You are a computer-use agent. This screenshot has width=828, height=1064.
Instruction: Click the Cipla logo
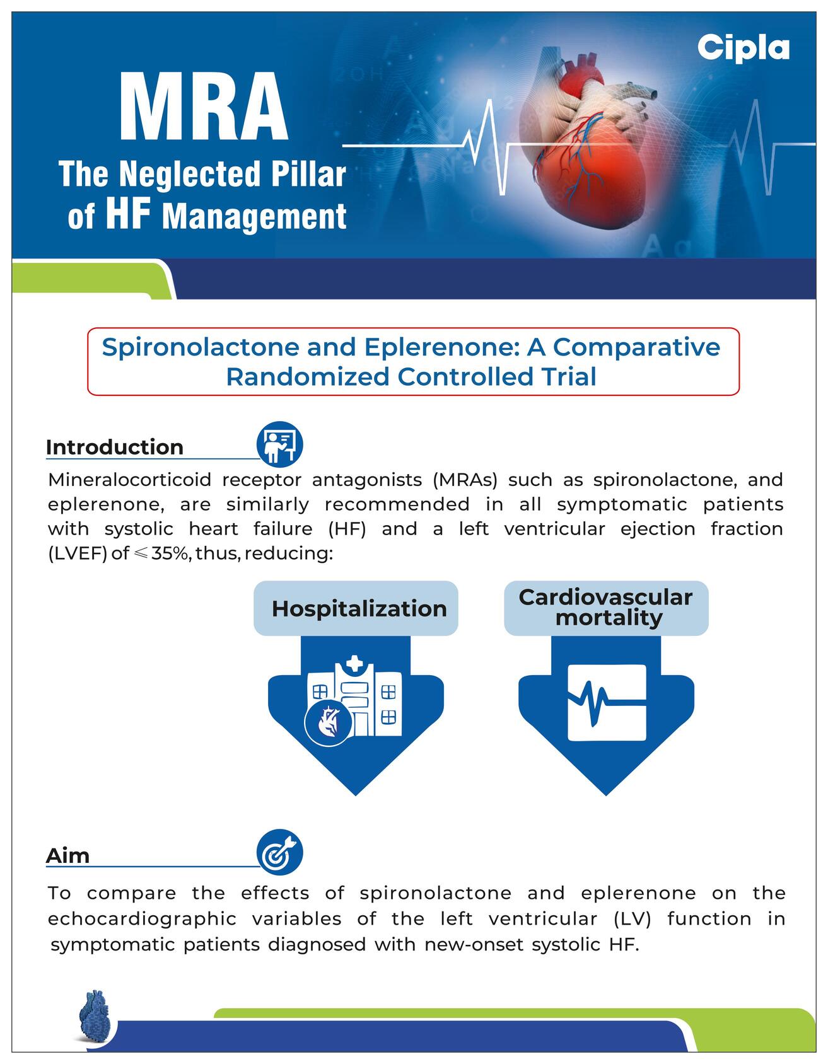coord(743,48)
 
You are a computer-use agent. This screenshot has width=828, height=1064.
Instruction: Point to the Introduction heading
coord(115,447)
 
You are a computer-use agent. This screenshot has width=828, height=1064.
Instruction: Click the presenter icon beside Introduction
coord(280,444)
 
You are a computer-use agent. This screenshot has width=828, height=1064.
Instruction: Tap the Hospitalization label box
coord(356,608)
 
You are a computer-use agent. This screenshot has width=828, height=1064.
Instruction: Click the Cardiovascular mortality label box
coord(606,608)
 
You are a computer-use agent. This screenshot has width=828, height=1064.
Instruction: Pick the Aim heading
coord(67,855)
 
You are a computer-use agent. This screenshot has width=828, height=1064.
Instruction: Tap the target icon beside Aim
coord(280,852)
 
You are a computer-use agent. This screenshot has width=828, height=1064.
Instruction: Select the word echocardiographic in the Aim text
coord(142,919)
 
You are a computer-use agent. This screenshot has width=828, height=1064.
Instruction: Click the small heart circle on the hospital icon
coord(328,722)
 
